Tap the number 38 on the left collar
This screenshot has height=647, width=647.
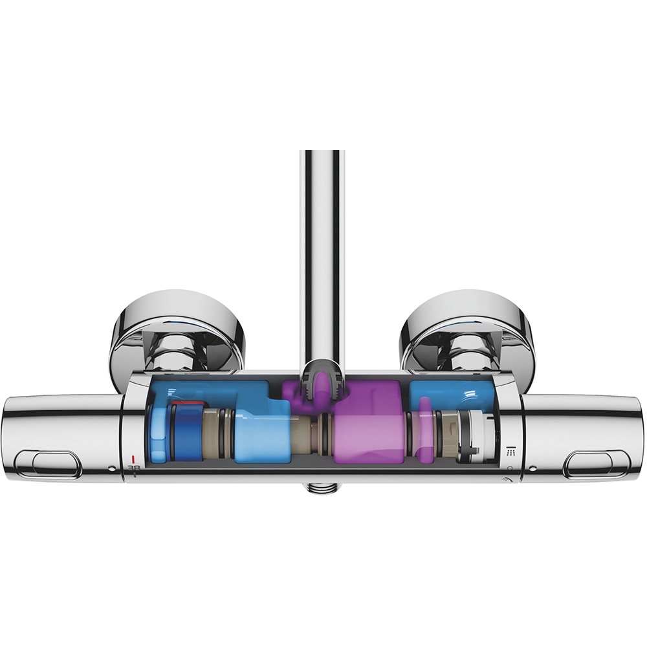[134, 468]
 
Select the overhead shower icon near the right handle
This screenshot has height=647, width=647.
[510, 450]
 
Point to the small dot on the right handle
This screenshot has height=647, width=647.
[532, 468]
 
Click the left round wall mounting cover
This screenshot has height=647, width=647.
[175, 330]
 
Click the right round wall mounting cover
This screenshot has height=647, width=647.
[467, 330]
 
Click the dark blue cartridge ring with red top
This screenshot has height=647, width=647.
[188, 430]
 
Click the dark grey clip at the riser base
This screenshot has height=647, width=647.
[322, 382]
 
